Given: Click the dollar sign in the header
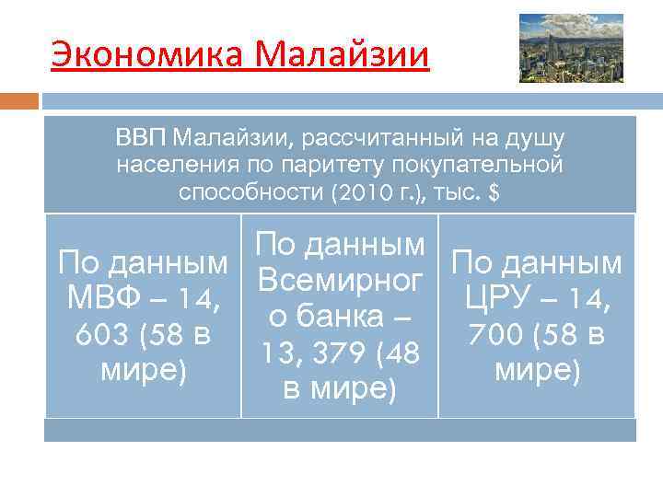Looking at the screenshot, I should pos(494,193).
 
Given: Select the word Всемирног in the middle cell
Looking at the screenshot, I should pos(340,280).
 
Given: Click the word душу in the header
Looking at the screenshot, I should pos(539,140).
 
